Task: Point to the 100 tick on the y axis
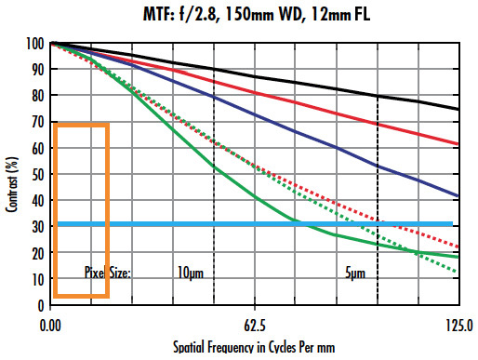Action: click(35, 44)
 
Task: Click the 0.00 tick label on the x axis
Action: click(51, 326)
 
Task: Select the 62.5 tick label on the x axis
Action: click(255, 326)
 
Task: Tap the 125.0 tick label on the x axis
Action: click(458, 326)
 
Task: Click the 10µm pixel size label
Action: click(190, 273)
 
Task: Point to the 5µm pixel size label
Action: click(354, 273)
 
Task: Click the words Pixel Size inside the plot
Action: click(108, 273)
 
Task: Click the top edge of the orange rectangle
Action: click(82, 124)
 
